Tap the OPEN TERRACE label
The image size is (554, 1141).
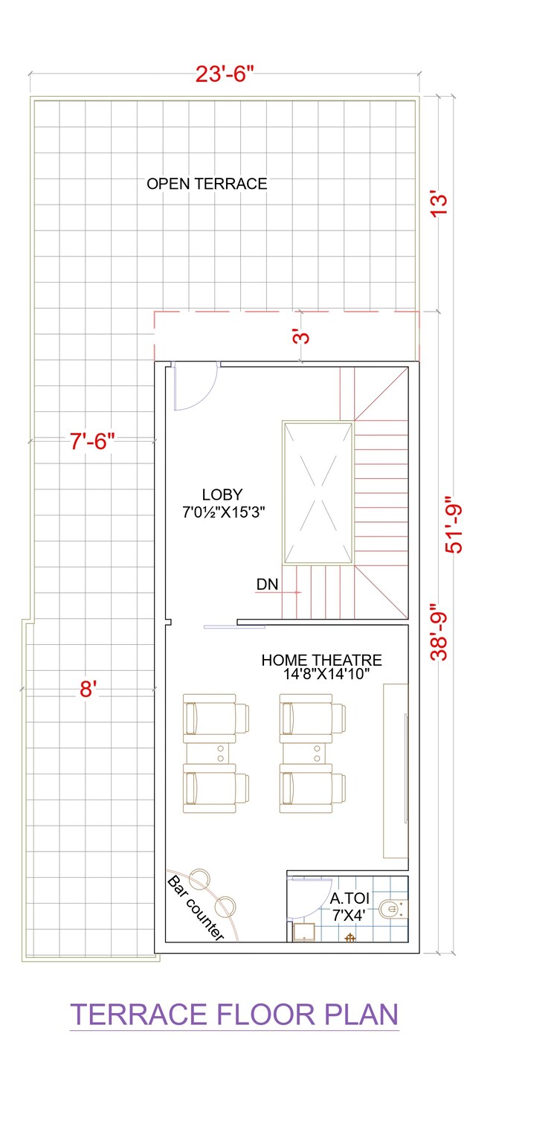[206, 184]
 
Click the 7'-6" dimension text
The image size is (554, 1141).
[93, 442]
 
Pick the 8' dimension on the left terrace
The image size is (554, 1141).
[88, 690]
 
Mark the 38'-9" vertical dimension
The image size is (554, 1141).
[439, 631]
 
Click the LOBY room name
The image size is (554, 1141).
[222, 495]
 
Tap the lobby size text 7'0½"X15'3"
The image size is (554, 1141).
[224, 512]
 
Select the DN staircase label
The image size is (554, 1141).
[267, 585]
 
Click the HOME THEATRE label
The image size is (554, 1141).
[321, 660]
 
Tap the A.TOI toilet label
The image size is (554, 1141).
[350, 899]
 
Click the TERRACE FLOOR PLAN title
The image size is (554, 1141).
[234, 1015]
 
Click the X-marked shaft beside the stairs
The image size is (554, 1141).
[317, 492]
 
